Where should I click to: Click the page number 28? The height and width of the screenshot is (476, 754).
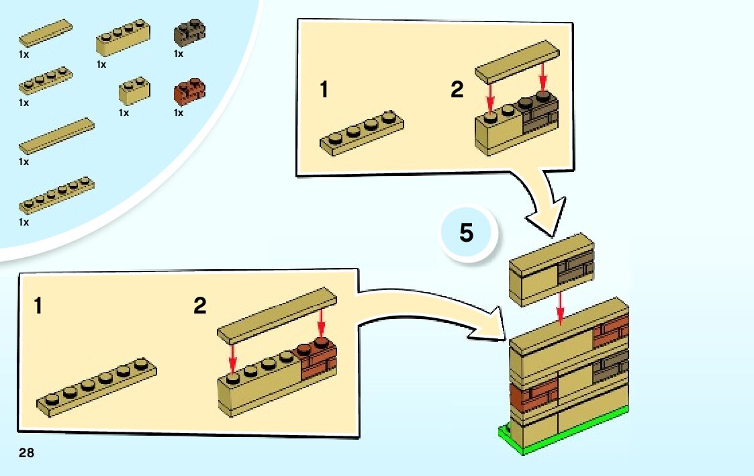click(26, 454)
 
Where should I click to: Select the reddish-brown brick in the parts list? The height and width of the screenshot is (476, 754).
click(189, 91)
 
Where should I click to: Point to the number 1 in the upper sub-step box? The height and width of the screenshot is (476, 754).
click(324, 90)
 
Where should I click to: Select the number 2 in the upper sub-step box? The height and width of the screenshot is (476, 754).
click(457, 90)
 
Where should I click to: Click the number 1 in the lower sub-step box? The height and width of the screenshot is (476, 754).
click(38, 307)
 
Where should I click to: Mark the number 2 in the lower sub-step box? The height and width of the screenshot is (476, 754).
click(200, 306)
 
